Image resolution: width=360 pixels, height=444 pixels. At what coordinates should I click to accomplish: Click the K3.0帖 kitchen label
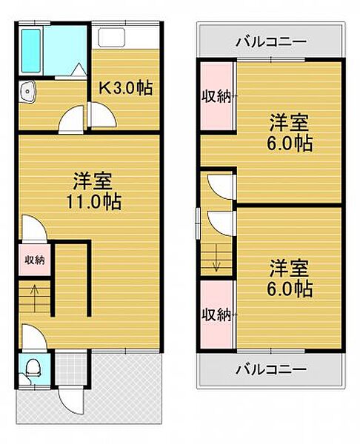127,88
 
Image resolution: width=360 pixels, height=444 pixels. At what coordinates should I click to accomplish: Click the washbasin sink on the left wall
28,92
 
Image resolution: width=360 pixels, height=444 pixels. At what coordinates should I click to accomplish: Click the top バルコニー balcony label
270,41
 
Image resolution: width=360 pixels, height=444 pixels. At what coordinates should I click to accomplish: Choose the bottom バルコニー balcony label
270,368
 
